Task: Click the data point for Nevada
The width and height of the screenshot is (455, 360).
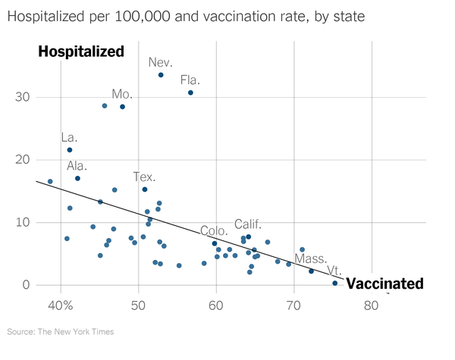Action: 161,75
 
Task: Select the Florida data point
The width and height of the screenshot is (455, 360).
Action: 190,92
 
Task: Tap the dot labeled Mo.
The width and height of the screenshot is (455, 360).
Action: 122,107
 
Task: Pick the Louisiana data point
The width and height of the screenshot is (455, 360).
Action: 70,150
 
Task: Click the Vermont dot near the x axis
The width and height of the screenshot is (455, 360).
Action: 334,283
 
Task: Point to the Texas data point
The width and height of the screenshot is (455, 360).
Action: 145,189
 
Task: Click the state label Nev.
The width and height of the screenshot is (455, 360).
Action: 161,62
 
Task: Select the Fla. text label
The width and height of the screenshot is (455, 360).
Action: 190,80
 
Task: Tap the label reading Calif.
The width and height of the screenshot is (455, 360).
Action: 248,224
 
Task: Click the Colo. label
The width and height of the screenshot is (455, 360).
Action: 214,230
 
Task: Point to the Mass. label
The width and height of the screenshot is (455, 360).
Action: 310,258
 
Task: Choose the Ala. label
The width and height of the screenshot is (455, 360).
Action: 77,166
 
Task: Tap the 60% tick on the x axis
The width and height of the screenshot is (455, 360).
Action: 216,306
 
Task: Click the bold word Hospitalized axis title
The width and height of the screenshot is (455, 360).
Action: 80,52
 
